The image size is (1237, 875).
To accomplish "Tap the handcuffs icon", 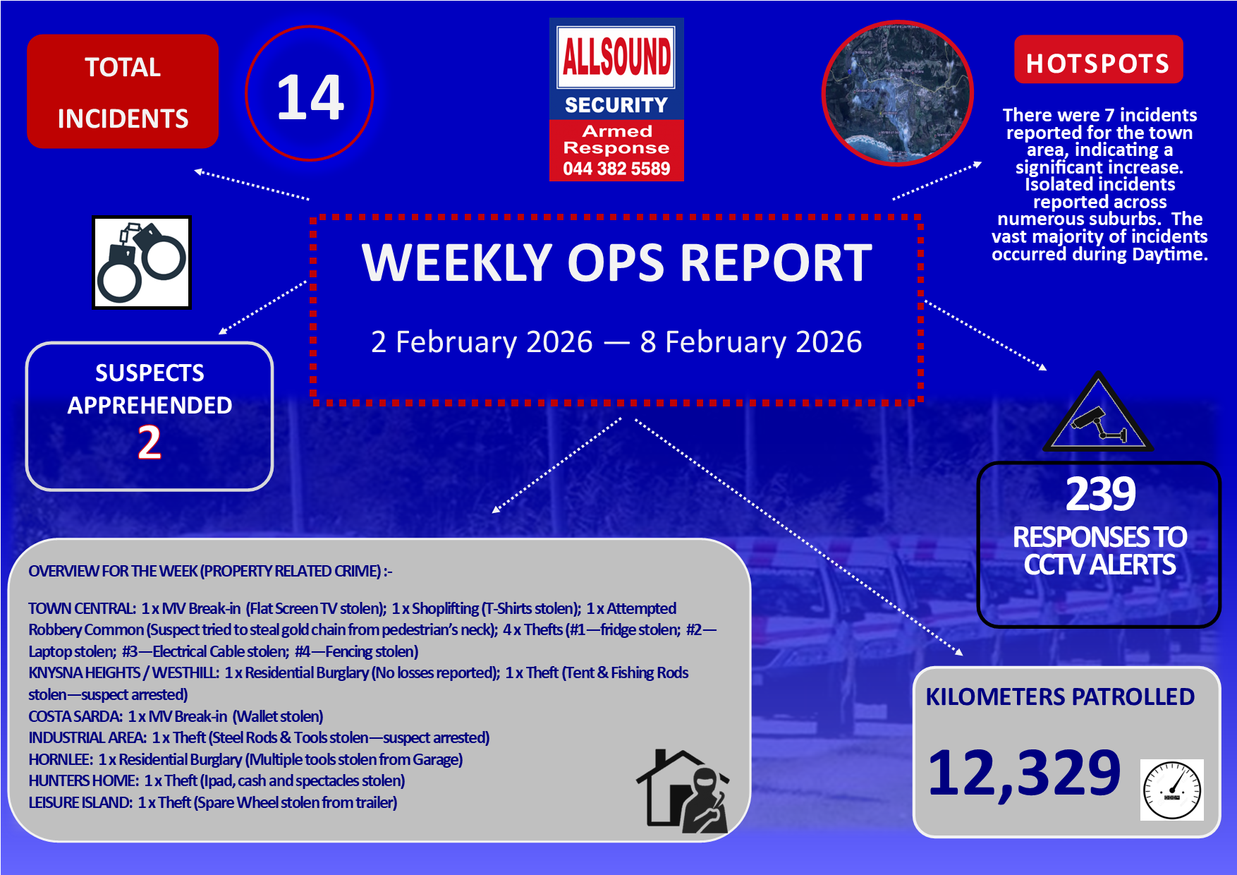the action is pyautogui.click(x=142, y=262).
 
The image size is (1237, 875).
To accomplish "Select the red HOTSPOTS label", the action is pyautogui.click(x=1098, y=63).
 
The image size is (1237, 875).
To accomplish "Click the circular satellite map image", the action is pyautogui.click(x=898, y=93).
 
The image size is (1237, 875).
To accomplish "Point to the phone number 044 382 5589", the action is pyautogui.click(x=616, y=169).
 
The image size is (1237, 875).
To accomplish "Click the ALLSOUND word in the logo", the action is pyautogui.click(x=616, y=56).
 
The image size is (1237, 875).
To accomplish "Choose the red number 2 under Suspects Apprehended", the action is pyautogui.click(x=150, y=443).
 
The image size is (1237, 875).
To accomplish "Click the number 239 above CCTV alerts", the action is pyautogui.click(x=1100, y=494).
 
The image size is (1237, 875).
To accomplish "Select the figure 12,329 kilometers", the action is pyautogui.click(x=1024, y=773).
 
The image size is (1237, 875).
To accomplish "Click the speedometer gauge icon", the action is pyautogui.click(x=1171, y=790).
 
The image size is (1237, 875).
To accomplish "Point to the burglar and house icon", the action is pyautogui.click(x=683, y=791).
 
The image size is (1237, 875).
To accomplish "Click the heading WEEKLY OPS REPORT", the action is pyautogui.click(x=617, y=262).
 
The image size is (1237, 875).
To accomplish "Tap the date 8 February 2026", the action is pyautogui.click(x=750, y=342).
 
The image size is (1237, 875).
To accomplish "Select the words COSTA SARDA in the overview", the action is pyautogui.click(x=75, y=716).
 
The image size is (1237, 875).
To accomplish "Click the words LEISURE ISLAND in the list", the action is pyautogui.click(x=80, y=802).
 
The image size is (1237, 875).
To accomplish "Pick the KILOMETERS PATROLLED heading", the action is pyautogui.click(x=1060, y=696).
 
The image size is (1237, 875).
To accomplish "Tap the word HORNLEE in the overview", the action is pyautogui.click(x=60, y=759).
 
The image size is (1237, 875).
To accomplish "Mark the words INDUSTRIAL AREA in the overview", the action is pyautogui.click(x=87, y=737).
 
